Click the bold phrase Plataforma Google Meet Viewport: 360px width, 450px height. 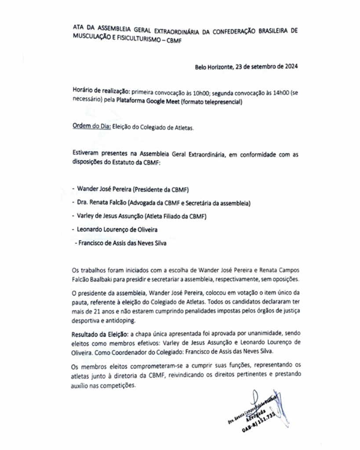(x=144, y=102)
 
